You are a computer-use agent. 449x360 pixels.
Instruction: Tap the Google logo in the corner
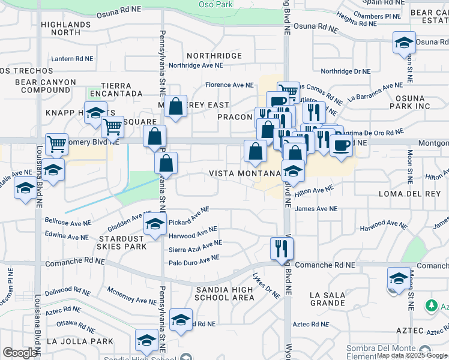tap(20, 353)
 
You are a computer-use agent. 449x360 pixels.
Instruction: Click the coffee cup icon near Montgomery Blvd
tap(341, 145)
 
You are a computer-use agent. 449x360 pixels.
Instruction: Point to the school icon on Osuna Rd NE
tap(404, 43)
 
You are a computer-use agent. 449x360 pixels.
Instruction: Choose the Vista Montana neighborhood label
tap(244, 173)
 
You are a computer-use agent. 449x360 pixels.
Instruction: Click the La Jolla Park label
tap(79, 341)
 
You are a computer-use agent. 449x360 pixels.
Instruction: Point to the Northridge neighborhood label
tap(214, 56)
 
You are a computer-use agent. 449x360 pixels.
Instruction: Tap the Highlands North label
tap(65, 28)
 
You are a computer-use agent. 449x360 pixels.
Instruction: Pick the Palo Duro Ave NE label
tap(193, 259)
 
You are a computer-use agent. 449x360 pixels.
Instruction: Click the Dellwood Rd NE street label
tap(67, 293)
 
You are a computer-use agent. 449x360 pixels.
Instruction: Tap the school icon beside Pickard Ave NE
tap(154, 225)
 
